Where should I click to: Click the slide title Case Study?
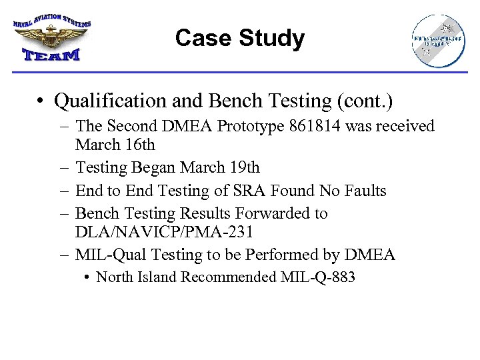239,39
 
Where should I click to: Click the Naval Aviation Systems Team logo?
51,38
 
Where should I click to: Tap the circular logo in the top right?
438,41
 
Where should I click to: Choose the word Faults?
364,191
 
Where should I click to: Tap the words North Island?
133,277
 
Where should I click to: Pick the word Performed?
288,255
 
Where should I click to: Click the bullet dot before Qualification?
42,102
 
